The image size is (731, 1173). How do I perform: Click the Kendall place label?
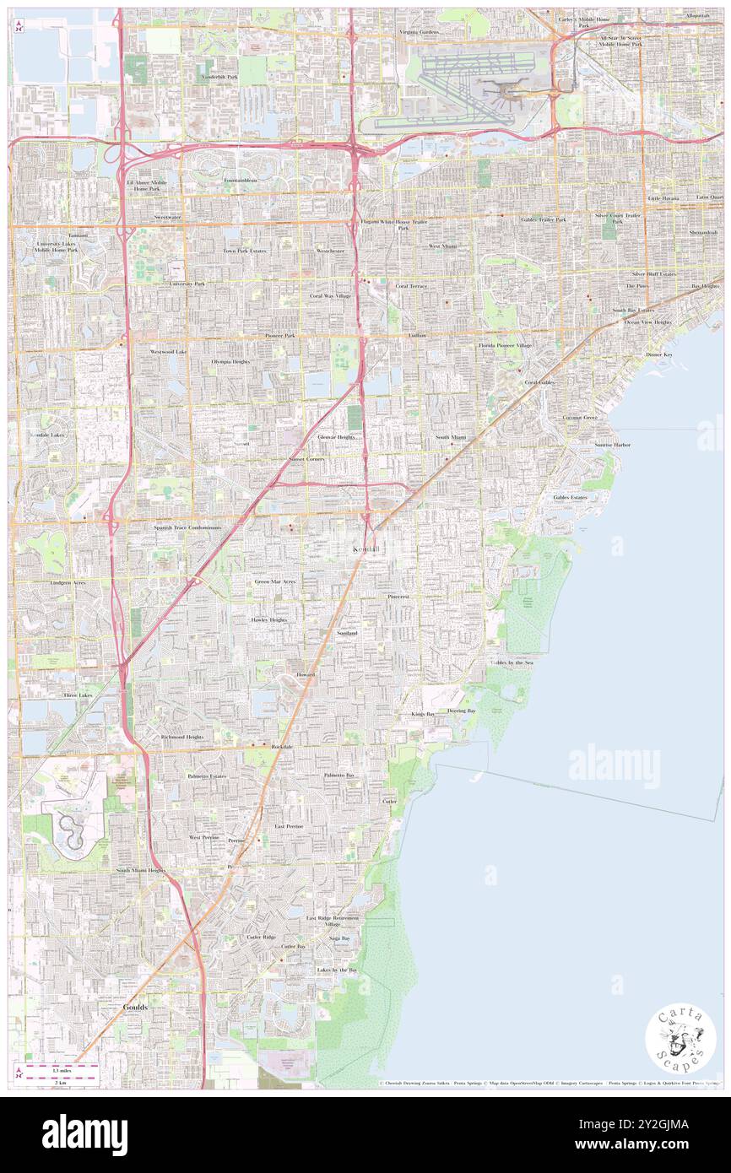coord(365,549)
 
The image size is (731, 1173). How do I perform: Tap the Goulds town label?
coord(134,1007)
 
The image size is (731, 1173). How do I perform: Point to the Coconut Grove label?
coord(580,418)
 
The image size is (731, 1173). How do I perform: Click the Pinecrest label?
coord(398,596)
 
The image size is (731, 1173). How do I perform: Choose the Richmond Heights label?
coord(182,737)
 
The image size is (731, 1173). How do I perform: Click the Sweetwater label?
coord(168,217)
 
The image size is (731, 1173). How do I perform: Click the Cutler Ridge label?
coord(237,937)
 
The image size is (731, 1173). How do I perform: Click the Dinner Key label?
coord(659,354)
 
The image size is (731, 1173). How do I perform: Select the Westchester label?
coord(330,251)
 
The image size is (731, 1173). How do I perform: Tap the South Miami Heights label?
coord(141,869)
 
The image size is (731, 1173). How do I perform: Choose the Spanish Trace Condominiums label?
coord(187,527)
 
